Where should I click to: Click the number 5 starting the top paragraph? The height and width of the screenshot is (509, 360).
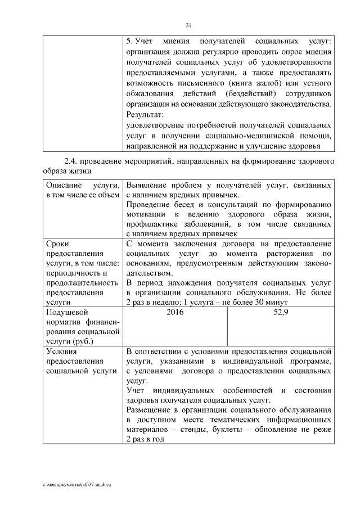coord(129,42)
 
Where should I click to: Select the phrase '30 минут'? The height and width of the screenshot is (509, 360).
coord(279,302)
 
